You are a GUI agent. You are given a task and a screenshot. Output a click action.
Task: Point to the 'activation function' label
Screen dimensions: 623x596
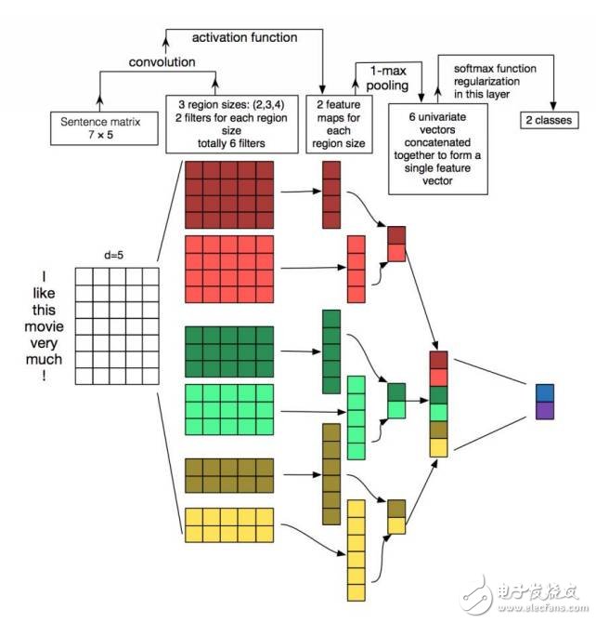[244, 38]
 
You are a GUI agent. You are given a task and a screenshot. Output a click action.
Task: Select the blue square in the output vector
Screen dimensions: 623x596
[544, 392]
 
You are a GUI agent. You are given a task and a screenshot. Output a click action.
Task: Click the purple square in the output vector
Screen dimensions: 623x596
[544, 409]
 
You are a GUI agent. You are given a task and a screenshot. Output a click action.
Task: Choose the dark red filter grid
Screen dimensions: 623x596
[228, 193]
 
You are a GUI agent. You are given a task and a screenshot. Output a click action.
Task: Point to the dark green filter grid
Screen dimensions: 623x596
[228, 351]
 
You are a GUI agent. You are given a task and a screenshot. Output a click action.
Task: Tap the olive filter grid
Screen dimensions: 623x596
[228, 475]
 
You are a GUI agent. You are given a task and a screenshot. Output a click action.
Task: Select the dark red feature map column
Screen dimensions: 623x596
[331, 194]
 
